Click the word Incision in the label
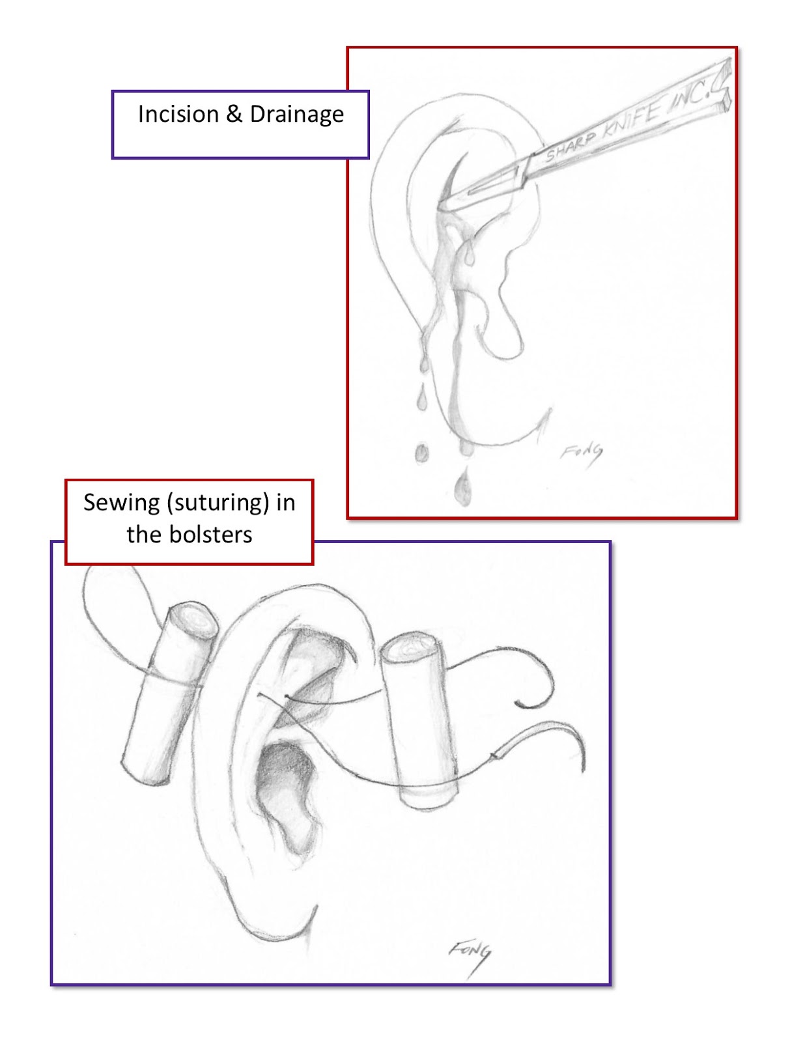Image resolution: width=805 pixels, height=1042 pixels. (x=178, y=115)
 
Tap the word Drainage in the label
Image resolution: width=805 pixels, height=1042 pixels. (x=296, y=115)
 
